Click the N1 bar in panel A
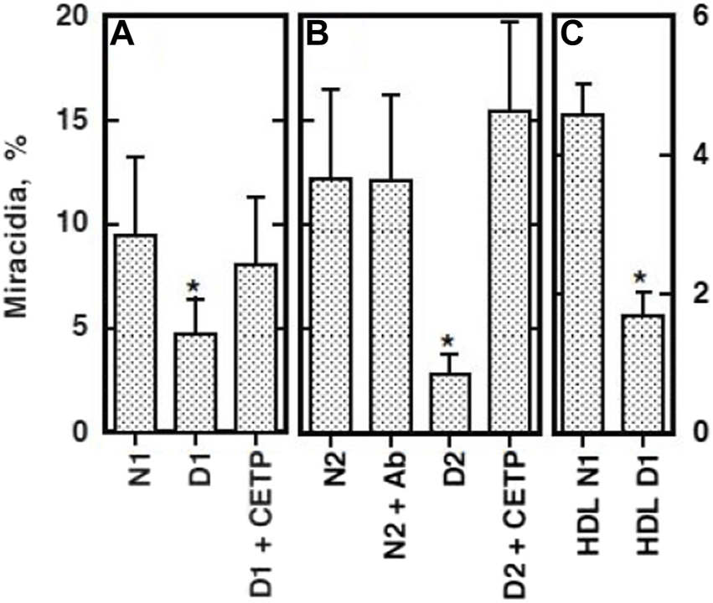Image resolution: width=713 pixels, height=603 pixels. (135, 333)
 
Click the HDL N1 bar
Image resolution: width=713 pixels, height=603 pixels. (583, 273)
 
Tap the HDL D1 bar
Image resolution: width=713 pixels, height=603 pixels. (642, 374)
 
